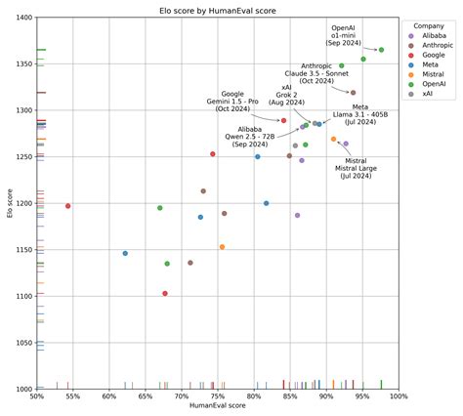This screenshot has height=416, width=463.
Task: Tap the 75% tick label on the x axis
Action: click(x=218, y=395)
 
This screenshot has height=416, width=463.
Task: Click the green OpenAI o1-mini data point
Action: click(x=381, y=50)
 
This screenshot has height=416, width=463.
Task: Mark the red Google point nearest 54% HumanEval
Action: click(x=67, y=206)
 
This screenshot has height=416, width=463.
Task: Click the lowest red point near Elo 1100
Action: click(x=165, y=293)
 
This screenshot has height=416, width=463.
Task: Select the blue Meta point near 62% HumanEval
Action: click(x=125, y=253)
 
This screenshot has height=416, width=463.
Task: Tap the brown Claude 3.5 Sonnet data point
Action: click(x=353, y=93)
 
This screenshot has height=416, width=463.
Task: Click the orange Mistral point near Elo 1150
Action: click(x=222, y=247)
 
